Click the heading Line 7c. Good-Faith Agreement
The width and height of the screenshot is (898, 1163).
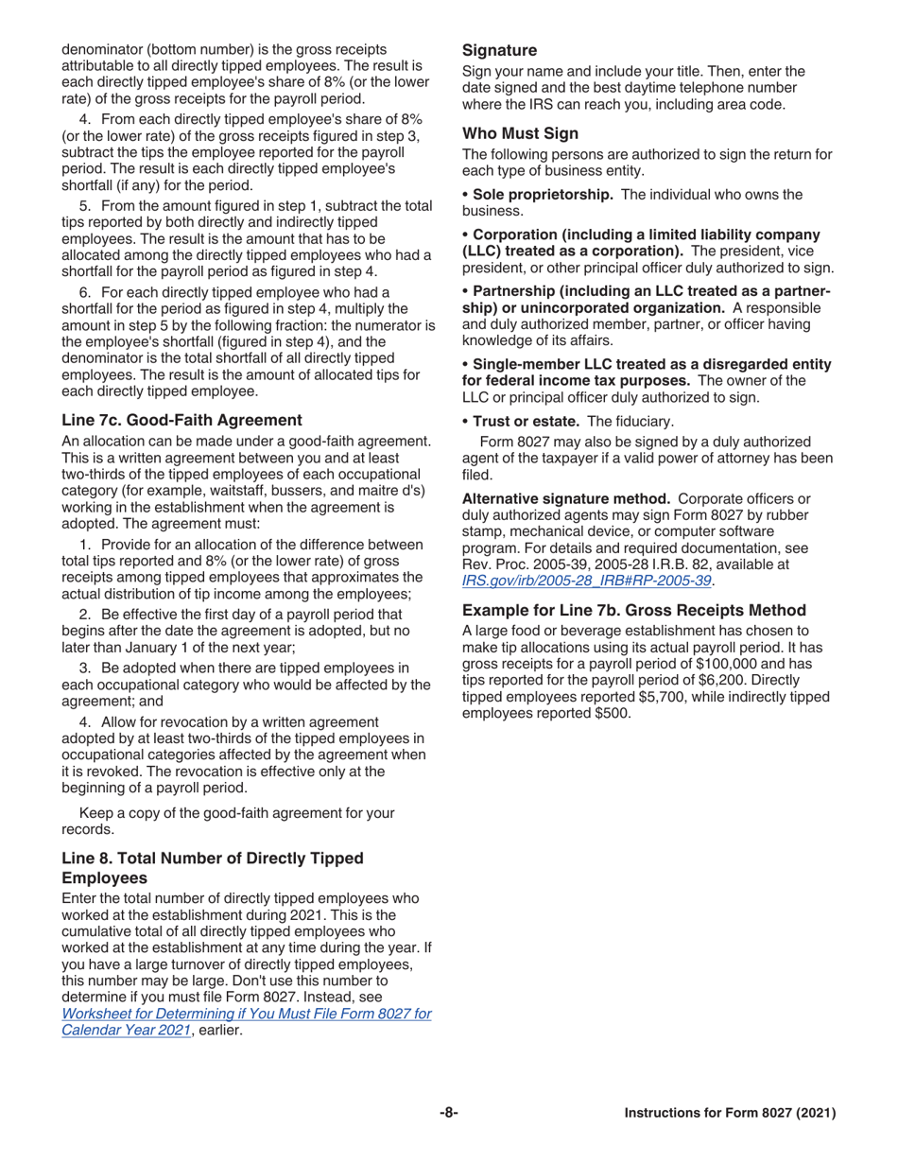point(181,420)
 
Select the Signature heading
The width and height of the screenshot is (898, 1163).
point(499,50)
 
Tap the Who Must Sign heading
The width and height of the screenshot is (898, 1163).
point(520,133)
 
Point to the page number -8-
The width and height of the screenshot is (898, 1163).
point(448,1113)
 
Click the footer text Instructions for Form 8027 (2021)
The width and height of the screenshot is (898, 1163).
point(730,1113)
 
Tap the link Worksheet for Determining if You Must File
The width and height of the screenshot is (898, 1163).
point(246,1013)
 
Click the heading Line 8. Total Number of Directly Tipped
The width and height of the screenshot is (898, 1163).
point(212,858)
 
